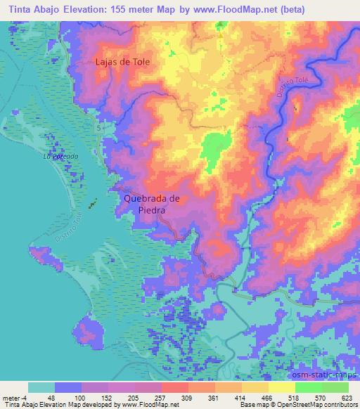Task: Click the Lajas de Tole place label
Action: (x=122, y=62)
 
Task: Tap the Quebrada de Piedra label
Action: (x=152, y=204)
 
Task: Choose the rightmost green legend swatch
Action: (x=335, y=387)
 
